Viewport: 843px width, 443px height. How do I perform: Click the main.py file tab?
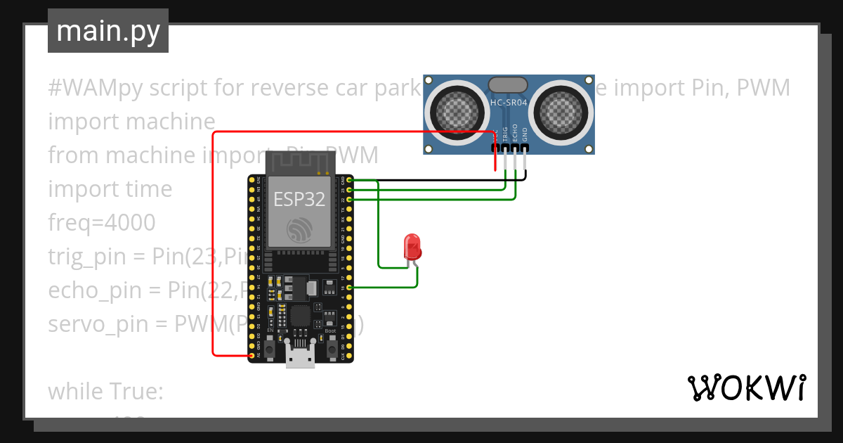point(107,31)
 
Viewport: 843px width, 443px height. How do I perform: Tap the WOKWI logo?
point(745,387)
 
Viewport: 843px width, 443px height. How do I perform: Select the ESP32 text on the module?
point(299,199)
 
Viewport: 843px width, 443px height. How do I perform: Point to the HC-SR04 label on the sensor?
point(508,103)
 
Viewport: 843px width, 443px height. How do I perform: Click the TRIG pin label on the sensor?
point(505,135)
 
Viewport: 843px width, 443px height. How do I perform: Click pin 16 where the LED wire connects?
point(349,287)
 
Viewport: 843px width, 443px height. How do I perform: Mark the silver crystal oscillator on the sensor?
point(508,85)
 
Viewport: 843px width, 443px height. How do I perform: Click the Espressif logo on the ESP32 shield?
point(300,230)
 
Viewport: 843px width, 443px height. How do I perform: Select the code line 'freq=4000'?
point(101,223)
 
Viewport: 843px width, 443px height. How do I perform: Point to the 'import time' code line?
point(110,189)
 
